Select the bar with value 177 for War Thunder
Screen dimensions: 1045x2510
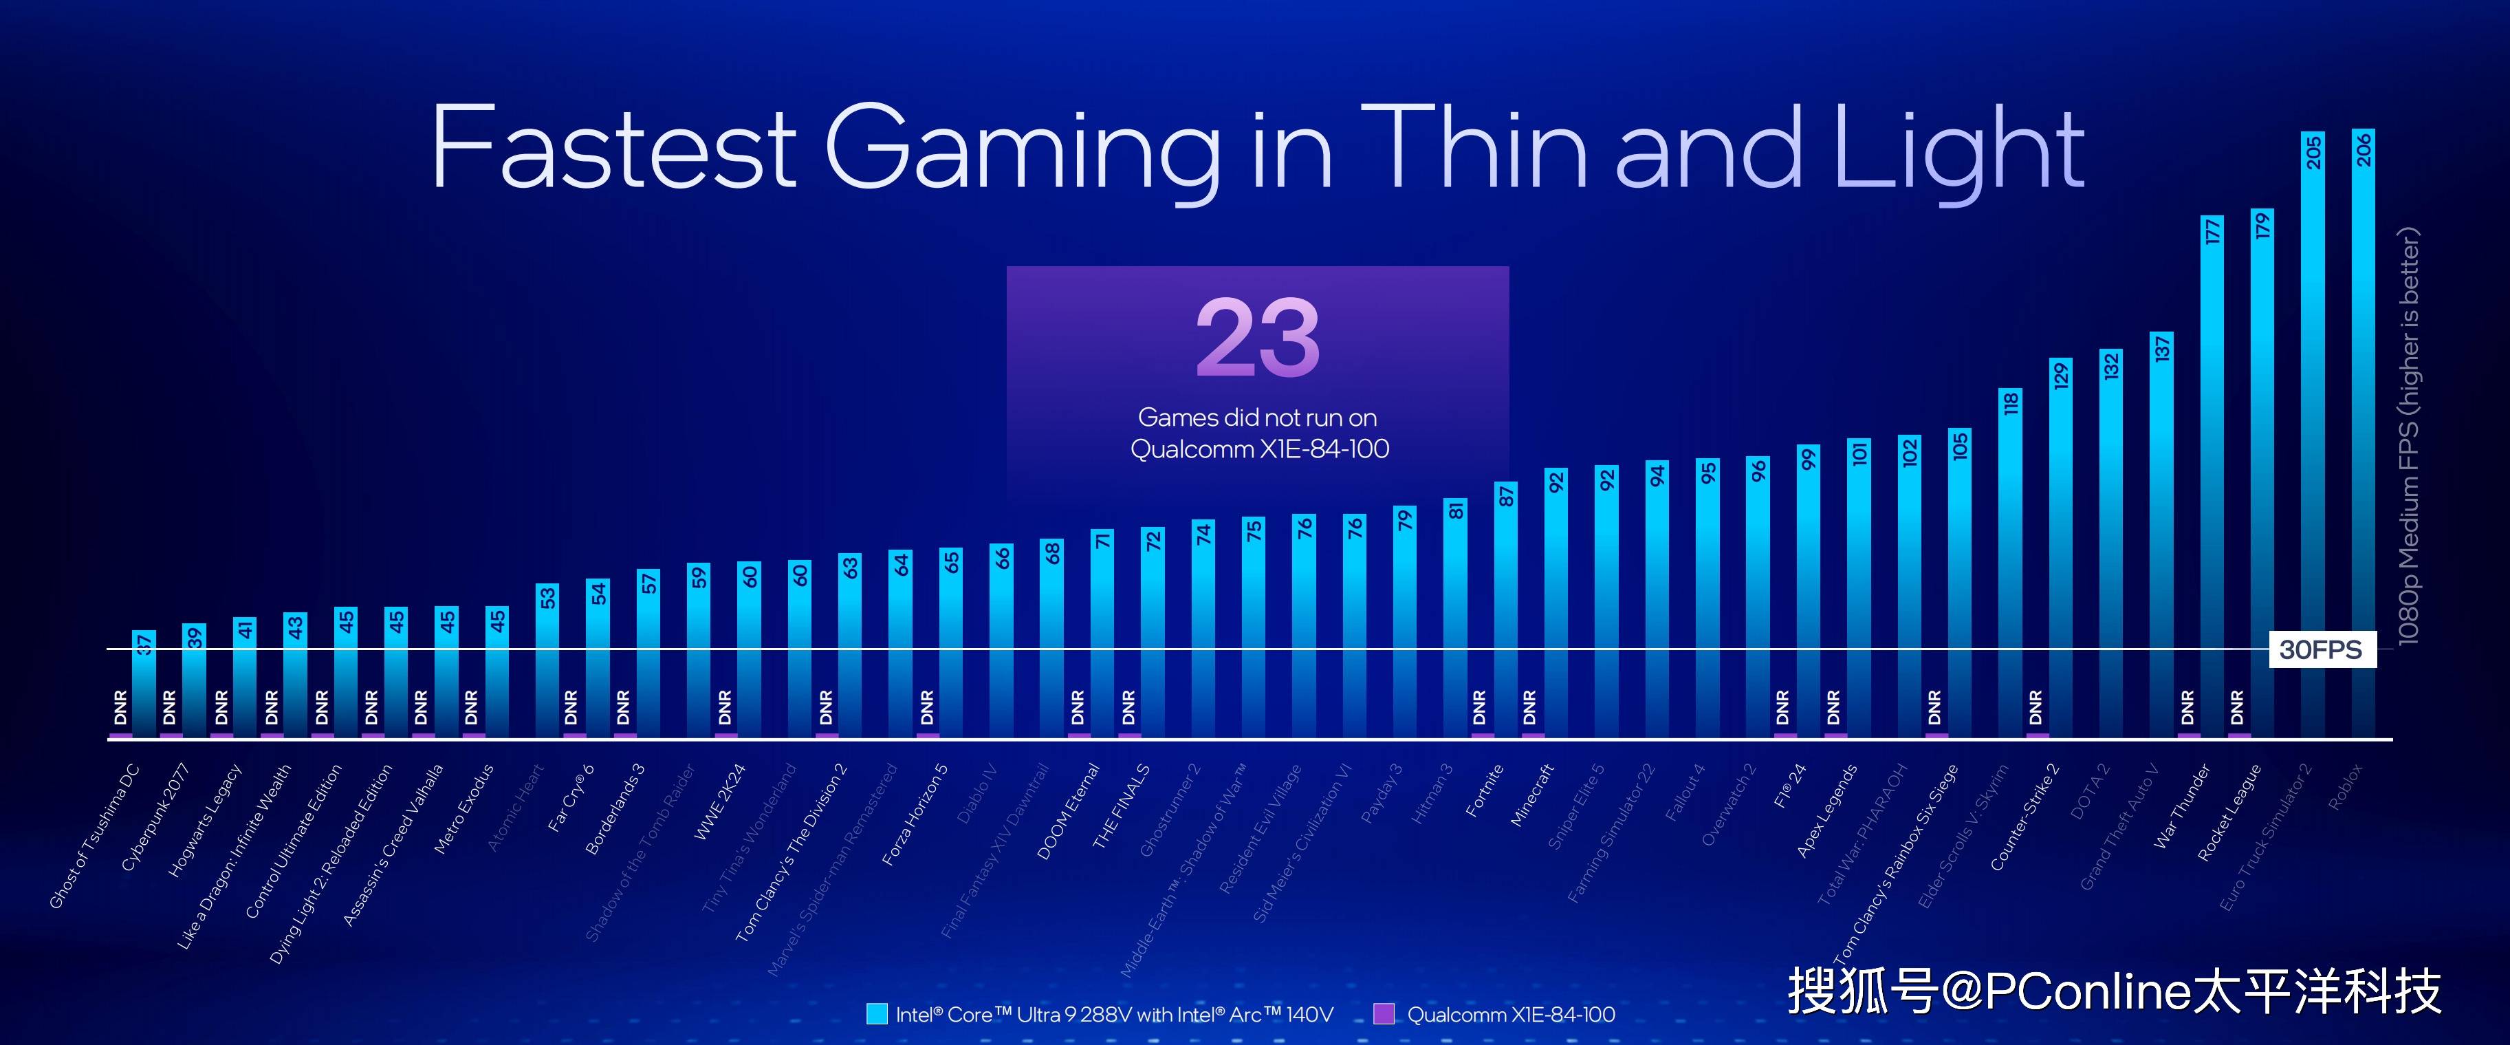click(x=2212, y=477)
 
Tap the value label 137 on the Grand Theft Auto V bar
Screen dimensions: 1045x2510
click(x=2162, y=348)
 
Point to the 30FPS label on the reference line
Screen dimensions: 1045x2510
click(x=2320, y=649)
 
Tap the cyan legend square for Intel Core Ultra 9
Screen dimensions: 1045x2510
click(x=876, y=1014)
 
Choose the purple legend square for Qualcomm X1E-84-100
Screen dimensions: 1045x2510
click(x=1383, y=1014)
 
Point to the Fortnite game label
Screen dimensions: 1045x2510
click(x=1485, y=790)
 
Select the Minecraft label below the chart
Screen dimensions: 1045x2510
click(x=1531, y=795)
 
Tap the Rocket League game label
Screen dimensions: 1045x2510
click(x=2229, y=812)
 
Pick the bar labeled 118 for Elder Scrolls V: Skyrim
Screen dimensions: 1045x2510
click(x=2010, y=565)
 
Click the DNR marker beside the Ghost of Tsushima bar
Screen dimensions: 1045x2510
click(x=120, y=707)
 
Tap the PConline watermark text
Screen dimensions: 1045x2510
click(x=2115, y=991)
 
